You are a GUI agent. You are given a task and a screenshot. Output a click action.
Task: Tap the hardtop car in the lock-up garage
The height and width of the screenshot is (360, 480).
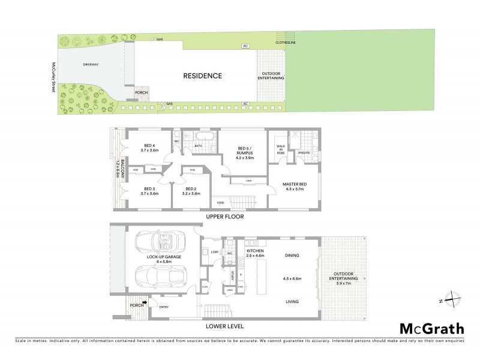click(x=161, y=276)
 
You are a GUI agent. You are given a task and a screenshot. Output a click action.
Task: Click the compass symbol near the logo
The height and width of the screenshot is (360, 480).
click(x=452, y=299)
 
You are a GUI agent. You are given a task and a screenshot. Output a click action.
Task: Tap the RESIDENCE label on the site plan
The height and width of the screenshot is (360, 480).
click(x=202, y=76)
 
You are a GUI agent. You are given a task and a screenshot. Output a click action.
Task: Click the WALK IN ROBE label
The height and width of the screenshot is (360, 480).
click(x=280, y=148)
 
